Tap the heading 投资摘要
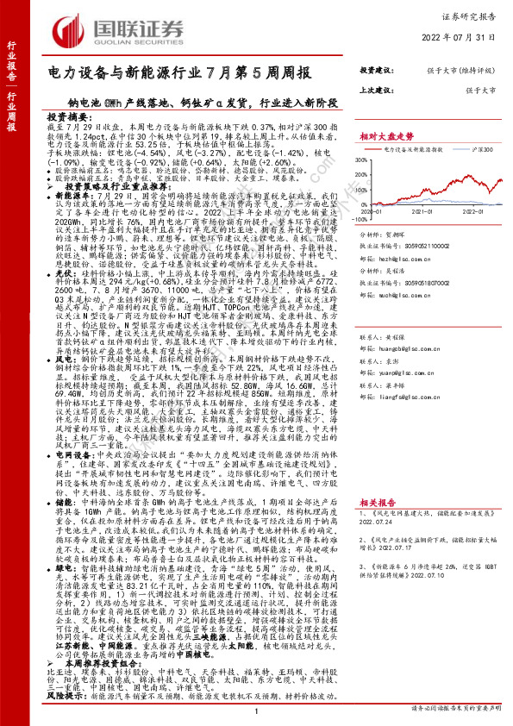pyautogui.click(x=68, y=116)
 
